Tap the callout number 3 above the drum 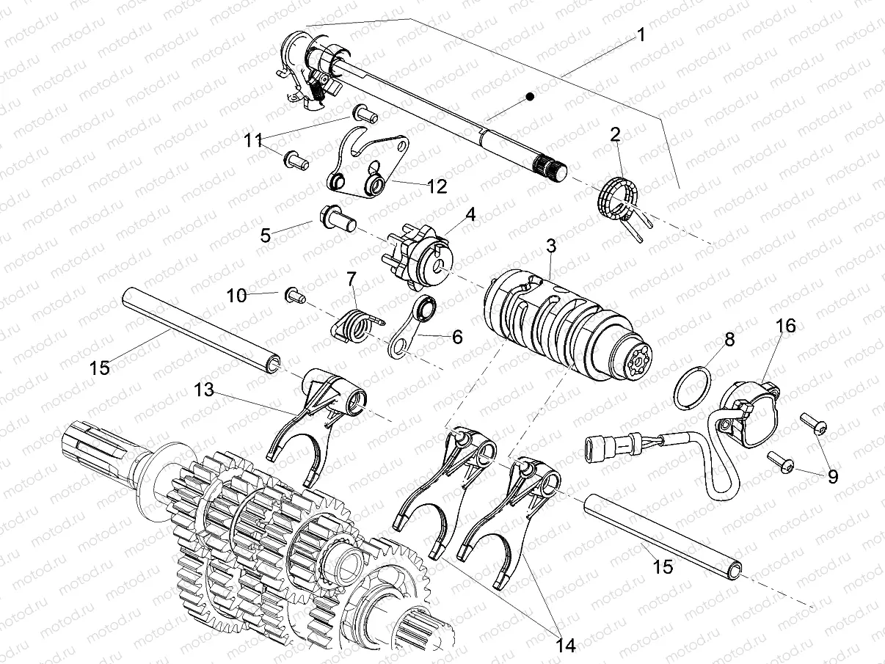click(550, 247)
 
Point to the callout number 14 click(566, 645)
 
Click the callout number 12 click(436, 186)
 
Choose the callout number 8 click(729, 339)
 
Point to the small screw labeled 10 click(294, 295)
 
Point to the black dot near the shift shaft click(529, 96)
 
